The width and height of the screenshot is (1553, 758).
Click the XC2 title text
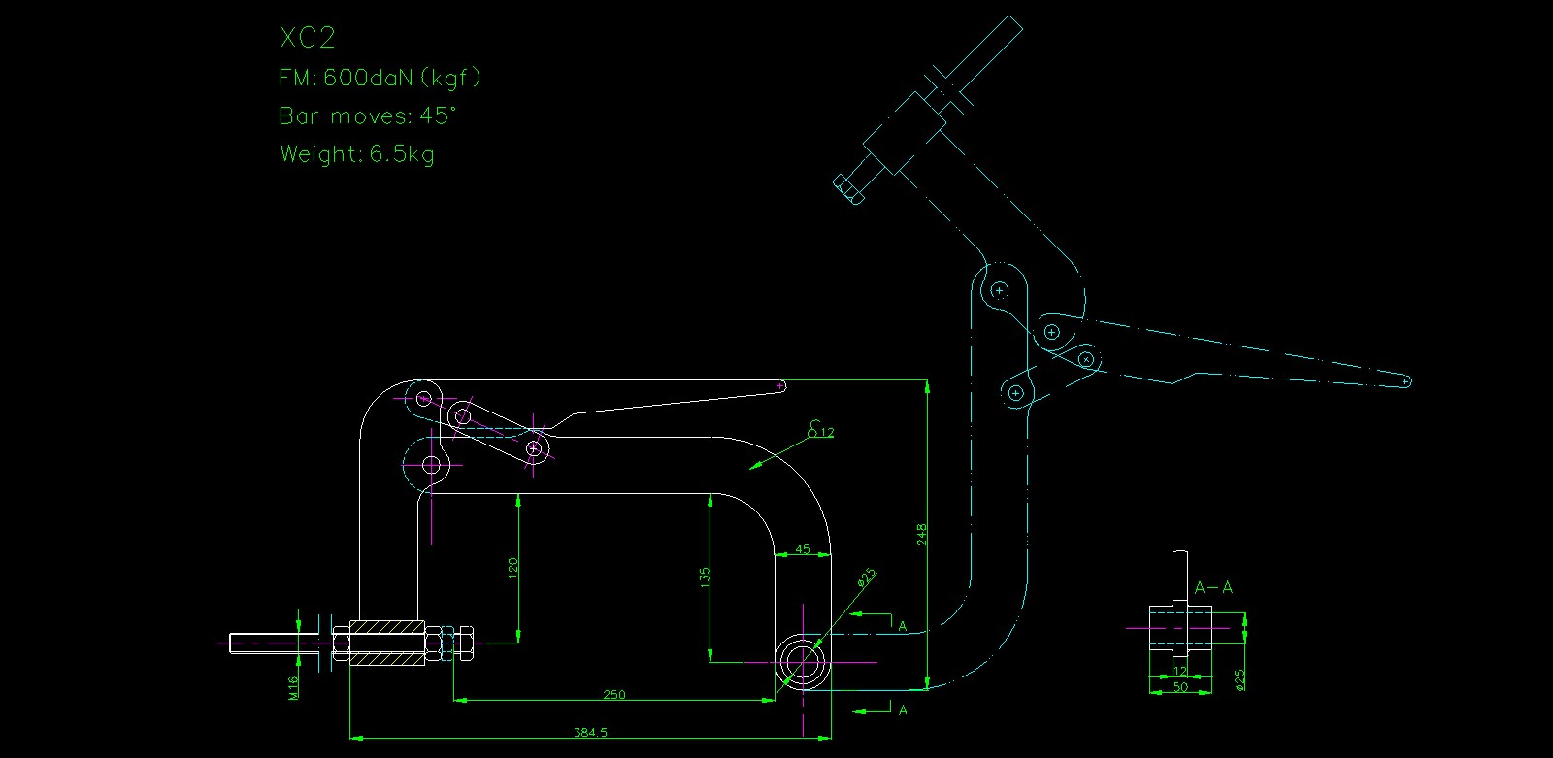[307, 38]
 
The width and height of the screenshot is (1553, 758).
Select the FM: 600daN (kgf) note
[380, 78]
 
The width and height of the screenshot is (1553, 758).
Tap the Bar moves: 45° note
[367, 115]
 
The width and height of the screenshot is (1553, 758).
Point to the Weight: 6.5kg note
[357, 153]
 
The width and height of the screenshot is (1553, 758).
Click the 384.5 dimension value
[590, 732]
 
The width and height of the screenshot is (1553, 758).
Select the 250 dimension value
[614, 694]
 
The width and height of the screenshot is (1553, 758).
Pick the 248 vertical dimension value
[922, 535]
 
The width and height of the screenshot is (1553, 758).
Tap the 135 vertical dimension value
[705, 577]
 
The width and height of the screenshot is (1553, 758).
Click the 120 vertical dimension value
[512, 567]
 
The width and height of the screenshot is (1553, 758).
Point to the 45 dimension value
[803, 549]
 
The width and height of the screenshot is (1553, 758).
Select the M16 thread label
[293, 687]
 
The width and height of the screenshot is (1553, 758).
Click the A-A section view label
[1213, 587]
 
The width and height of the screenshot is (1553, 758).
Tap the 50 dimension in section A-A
[1180, 687]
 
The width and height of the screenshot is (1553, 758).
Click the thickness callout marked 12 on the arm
[826, 432]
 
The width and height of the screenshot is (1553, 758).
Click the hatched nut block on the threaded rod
[387, 643]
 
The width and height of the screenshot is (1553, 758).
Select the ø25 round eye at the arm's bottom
[802, 661]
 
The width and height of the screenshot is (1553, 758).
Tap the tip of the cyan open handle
[1405, 381]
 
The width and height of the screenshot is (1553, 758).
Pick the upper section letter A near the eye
[903, 626]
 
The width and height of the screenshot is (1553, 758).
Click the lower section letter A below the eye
[903, 710]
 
